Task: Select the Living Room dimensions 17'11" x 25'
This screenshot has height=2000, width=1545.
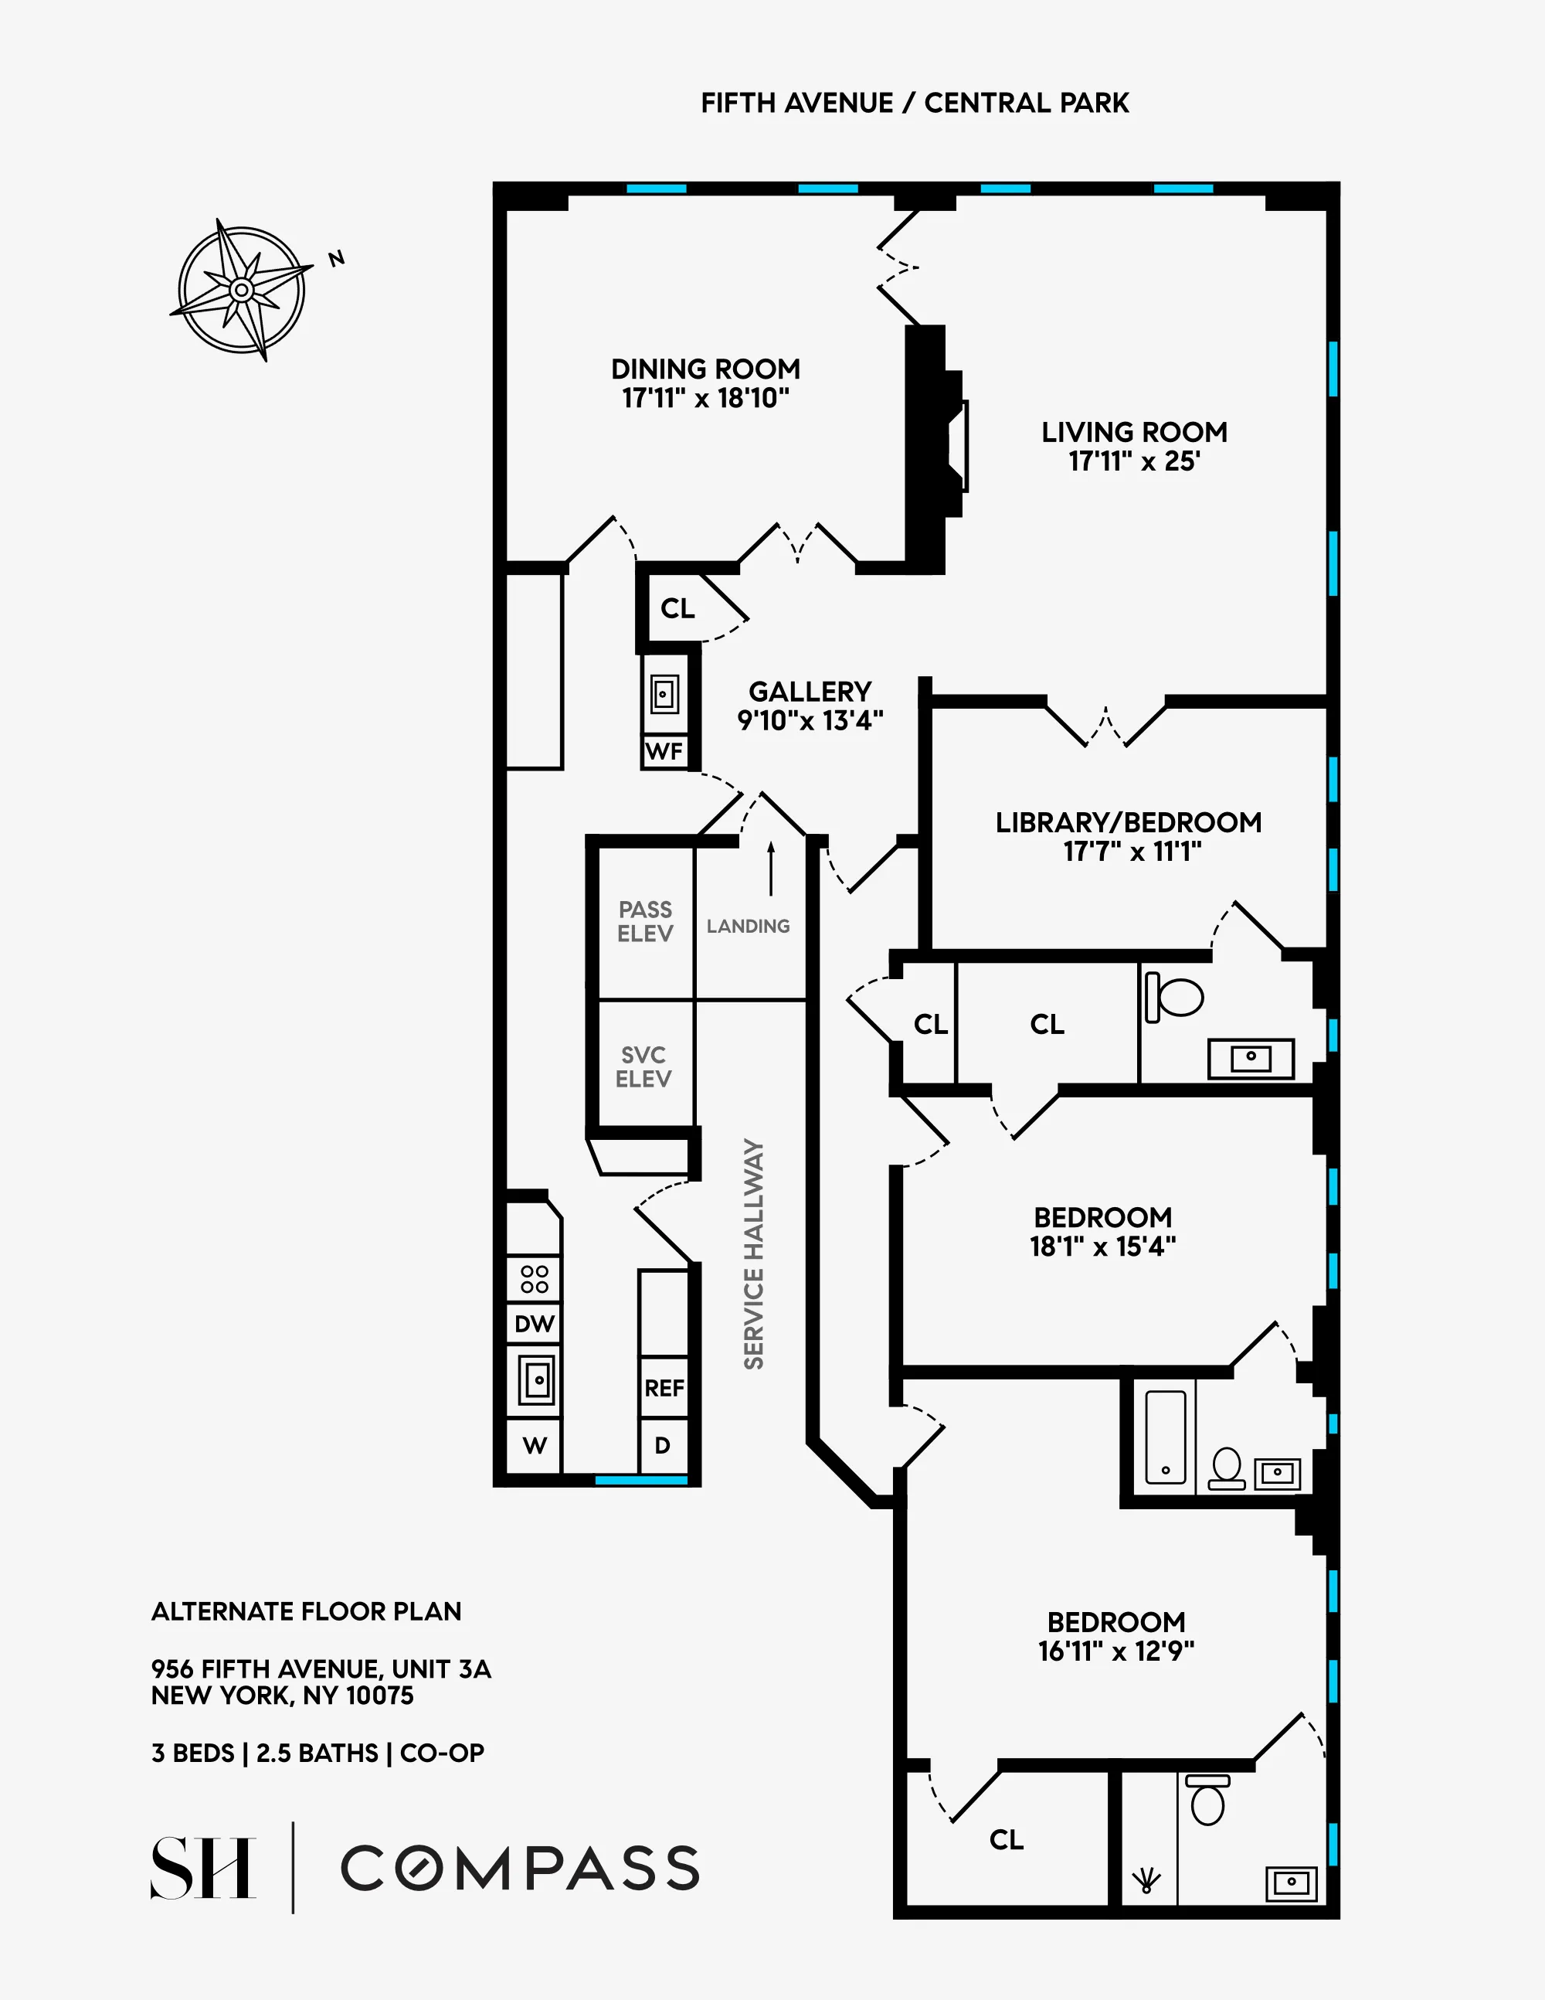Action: (1134, 461)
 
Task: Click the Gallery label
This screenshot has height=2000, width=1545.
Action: (810, 692)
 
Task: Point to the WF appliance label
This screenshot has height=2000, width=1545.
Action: (664, 752)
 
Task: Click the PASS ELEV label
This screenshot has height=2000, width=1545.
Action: (645, 921)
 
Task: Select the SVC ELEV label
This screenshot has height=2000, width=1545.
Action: (643, 1067)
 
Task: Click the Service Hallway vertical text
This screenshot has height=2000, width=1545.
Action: (753, 1253)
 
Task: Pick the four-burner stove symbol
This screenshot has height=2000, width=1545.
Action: (535, 1279)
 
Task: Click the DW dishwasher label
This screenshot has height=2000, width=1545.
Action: (535, 1324)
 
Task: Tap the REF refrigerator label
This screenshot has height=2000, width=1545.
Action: (664, 1388)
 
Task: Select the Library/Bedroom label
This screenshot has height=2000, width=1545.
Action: (1129, 822)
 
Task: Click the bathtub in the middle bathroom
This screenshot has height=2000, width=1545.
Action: (1165, 1437)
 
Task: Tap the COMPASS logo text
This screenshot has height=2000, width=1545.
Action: (520, 1868)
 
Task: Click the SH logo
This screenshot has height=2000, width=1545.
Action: (202, 1868)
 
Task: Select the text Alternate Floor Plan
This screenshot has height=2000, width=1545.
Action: (307, 1612)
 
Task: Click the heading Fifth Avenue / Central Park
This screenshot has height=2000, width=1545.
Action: (915, 104)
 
